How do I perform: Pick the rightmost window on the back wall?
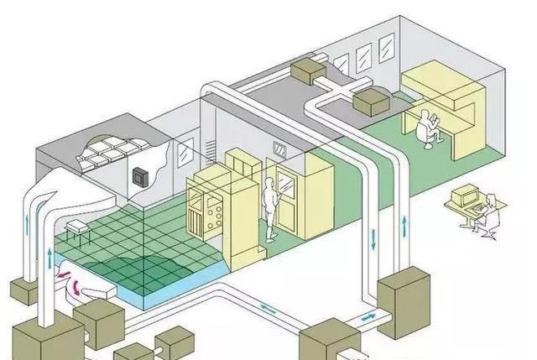click(386, 49)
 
